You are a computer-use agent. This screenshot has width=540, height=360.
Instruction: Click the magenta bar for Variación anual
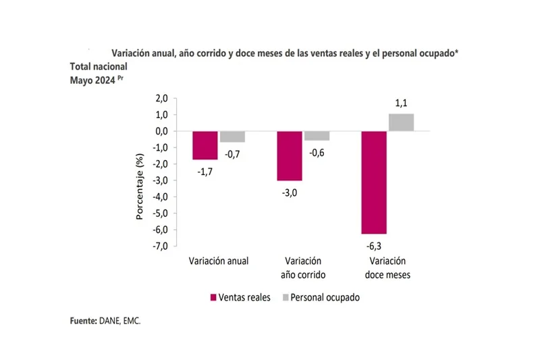(x=205, y=145)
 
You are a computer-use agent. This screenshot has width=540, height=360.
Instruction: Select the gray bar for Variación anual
(x=232, y=136)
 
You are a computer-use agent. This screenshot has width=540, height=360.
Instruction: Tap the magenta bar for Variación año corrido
(x=290, y=156)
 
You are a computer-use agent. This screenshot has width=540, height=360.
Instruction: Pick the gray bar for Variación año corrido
(x=316, y=136)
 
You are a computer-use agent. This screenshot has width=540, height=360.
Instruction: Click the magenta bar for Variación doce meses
(x=374, y=182)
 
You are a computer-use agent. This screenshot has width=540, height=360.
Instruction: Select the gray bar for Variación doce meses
(x=401, y=122)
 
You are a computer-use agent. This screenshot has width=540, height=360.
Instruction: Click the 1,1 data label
(x=402, y=103)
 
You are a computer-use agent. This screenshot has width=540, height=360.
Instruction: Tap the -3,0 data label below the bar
(x=290, y=191)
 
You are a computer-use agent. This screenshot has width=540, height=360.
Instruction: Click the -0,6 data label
(x=317, y=152)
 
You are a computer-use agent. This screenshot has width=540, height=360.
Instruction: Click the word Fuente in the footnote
(x=83, y=322)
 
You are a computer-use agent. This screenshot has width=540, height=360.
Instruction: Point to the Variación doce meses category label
(x=387, y=267)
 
